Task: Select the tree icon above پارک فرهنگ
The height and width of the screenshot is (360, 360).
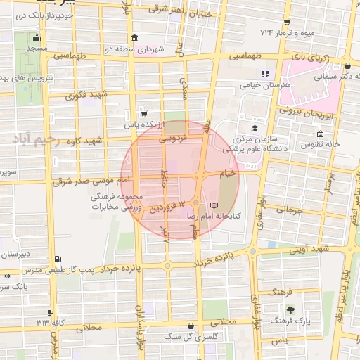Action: pyautogui.click(x=290, y=308)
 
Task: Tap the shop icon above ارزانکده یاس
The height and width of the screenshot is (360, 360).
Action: pyautogui.click(x=144, y=112)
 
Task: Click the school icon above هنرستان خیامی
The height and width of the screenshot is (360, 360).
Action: pyautogui.click(x=264, y=73)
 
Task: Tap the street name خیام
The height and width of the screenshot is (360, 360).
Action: pyautogui.click(x=227, y=173)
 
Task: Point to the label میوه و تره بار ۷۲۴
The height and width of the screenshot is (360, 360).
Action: pyautogui.click(x=288, y=33)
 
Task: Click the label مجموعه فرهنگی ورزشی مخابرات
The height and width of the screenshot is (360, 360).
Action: pyautogui.click(x=116, y=203)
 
